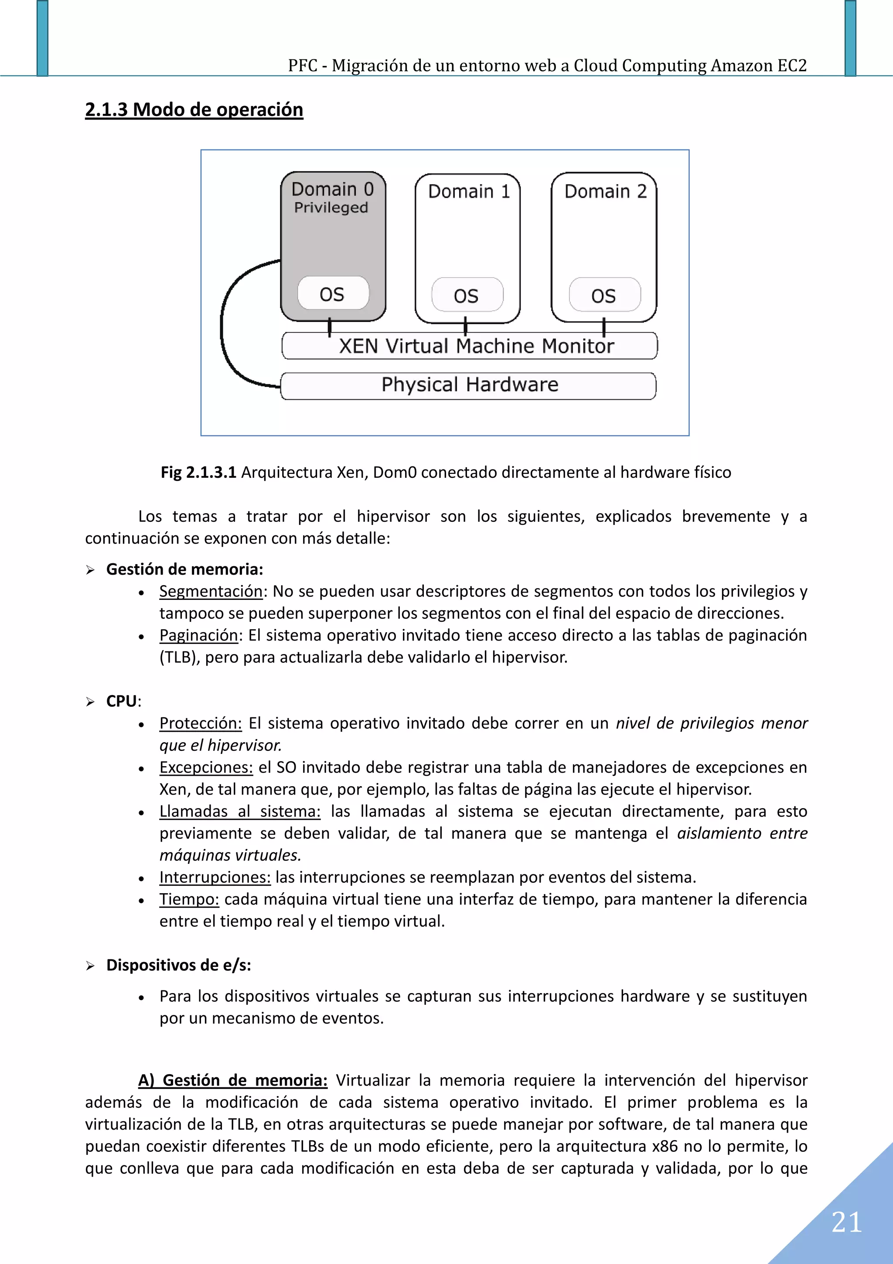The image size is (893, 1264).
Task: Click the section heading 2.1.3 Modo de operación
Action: coord(194,110)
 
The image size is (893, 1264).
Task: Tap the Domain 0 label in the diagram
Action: coord(332,189)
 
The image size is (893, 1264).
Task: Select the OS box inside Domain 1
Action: coord(467,296)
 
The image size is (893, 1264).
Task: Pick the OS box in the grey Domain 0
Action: coord(332,294)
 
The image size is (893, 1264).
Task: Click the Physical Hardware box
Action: coord(469,385)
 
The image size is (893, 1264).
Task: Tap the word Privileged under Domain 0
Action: coord(331,208)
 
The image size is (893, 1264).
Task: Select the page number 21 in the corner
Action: coord(846,1222)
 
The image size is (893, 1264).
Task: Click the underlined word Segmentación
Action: coord(211,591)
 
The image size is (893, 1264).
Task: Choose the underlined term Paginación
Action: coord(199,635)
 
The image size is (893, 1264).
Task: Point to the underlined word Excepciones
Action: coord(206,767)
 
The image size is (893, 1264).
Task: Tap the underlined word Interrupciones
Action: coord(215,877)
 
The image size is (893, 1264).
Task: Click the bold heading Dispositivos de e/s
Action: coord(178,965)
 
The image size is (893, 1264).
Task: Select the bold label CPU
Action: coord(121,701)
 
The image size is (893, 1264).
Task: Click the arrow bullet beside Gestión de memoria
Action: coord(90,570)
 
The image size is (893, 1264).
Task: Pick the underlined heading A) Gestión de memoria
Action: coord(232,1080)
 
